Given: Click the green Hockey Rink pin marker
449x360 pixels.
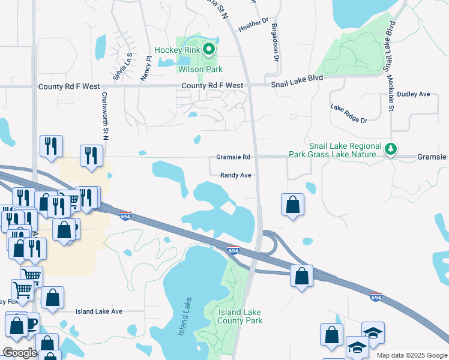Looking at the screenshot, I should [209, 49].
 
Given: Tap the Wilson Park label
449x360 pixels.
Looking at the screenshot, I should [200, 70].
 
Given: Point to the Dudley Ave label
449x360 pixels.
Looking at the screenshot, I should [414, 94].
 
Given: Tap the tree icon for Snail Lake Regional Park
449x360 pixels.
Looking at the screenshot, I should [391, 149].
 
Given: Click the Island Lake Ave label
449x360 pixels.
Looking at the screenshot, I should [98, 311].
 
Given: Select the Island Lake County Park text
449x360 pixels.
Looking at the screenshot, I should [240, 316].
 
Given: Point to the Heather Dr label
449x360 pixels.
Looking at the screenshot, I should [253, 25].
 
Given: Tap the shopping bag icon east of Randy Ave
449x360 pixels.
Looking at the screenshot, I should [292, 204].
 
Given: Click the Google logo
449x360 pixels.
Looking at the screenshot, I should [20, 353].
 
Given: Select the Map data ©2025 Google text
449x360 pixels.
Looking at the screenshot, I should [411, 355].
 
